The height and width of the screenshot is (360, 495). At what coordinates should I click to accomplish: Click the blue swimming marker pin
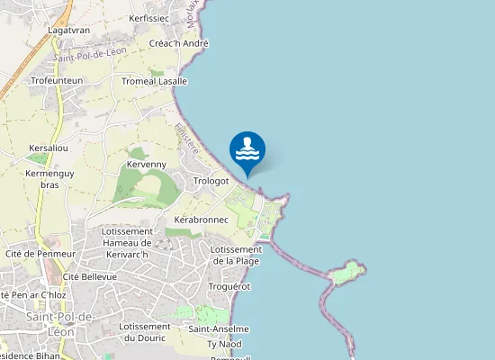coord(247,150)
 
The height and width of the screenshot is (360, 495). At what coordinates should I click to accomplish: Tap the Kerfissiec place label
coord(149,18)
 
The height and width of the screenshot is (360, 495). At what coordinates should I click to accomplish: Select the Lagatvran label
coord(67,30)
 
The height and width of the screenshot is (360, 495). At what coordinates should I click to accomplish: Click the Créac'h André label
coord(179,43)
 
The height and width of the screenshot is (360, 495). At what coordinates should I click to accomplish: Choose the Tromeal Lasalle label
coord(154,81)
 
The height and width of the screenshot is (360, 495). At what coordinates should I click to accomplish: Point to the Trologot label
coord(212,181)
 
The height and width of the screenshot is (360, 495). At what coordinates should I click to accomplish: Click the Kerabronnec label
coord(200,220)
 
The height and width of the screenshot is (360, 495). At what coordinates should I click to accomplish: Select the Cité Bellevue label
coord(90,277)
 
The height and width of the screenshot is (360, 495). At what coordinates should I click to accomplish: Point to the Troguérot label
coord(229,286)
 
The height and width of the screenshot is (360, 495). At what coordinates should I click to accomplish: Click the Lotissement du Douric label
coord(145,332)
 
